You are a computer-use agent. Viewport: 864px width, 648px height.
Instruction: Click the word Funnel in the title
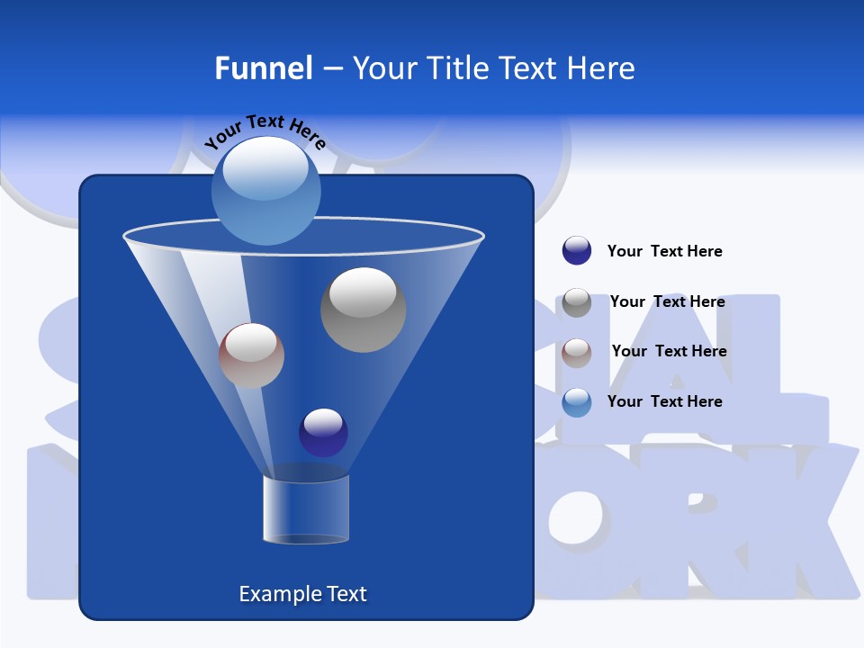[x=263, y=68]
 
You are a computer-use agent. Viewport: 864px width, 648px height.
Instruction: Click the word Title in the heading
[x=458, y=68]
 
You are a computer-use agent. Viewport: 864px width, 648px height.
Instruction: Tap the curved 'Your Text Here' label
[x=265, y=131]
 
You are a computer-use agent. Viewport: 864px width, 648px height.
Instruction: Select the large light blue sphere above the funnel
[x=266, y=190]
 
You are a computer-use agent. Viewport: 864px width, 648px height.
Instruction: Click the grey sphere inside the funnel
[x=363, y=310]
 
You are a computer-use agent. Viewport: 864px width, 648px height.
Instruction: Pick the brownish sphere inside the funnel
[x=251, y=355]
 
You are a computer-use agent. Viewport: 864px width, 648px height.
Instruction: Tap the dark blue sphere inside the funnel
[x=323, y=432]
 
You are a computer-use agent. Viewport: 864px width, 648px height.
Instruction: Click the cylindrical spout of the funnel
[x=306, y=508]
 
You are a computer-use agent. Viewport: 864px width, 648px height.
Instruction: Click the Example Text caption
[x=302, y=594]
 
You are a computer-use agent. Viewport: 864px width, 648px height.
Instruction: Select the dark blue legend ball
[x=577, y=250]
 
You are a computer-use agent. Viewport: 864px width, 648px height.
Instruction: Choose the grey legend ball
[x=577, y=301]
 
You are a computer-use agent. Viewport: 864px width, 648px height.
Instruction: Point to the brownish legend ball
[x=577, y=352]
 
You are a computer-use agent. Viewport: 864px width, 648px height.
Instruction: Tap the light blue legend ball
[x=577, y=402]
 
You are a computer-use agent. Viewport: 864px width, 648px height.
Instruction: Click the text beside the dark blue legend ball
[x=664, y=251]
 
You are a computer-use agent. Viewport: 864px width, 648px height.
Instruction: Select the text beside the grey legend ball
[x=667, y=301]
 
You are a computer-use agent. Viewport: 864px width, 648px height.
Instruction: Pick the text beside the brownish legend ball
[x=669, y=351]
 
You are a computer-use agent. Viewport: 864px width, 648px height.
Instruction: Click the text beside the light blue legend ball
[x=664, y=401]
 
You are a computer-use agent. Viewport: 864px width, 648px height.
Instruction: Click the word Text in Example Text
[x=343, y=594]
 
